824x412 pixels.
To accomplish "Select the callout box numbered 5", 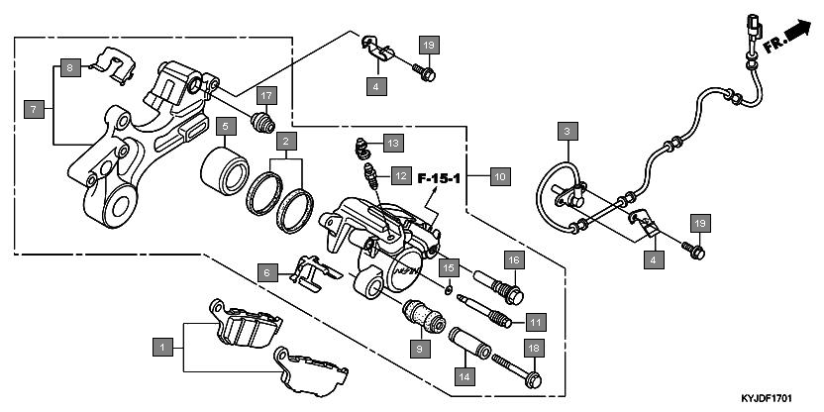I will coord(226,127).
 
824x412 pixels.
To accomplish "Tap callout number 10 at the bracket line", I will coord(498,177).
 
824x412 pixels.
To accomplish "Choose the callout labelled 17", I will coord(265,96).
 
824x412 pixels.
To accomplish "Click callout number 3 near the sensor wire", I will coord(566,131).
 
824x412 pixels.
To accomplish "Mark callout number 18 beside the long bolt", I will coord(533,349).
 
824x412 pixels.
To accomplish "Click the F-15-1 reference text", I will coord(440,179).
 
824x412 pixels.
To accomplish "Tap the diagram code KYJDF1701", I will coord(768,397).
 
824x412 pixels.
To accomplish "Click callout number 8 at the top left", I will coord(68,67).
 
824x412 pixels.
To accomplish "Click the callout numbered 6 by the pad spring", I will coord(265,271).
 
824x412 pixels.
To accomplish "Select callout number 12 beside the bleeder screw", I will coord(399,175).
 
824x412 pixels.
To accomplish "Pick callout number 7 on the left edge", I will coord(33,109).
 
